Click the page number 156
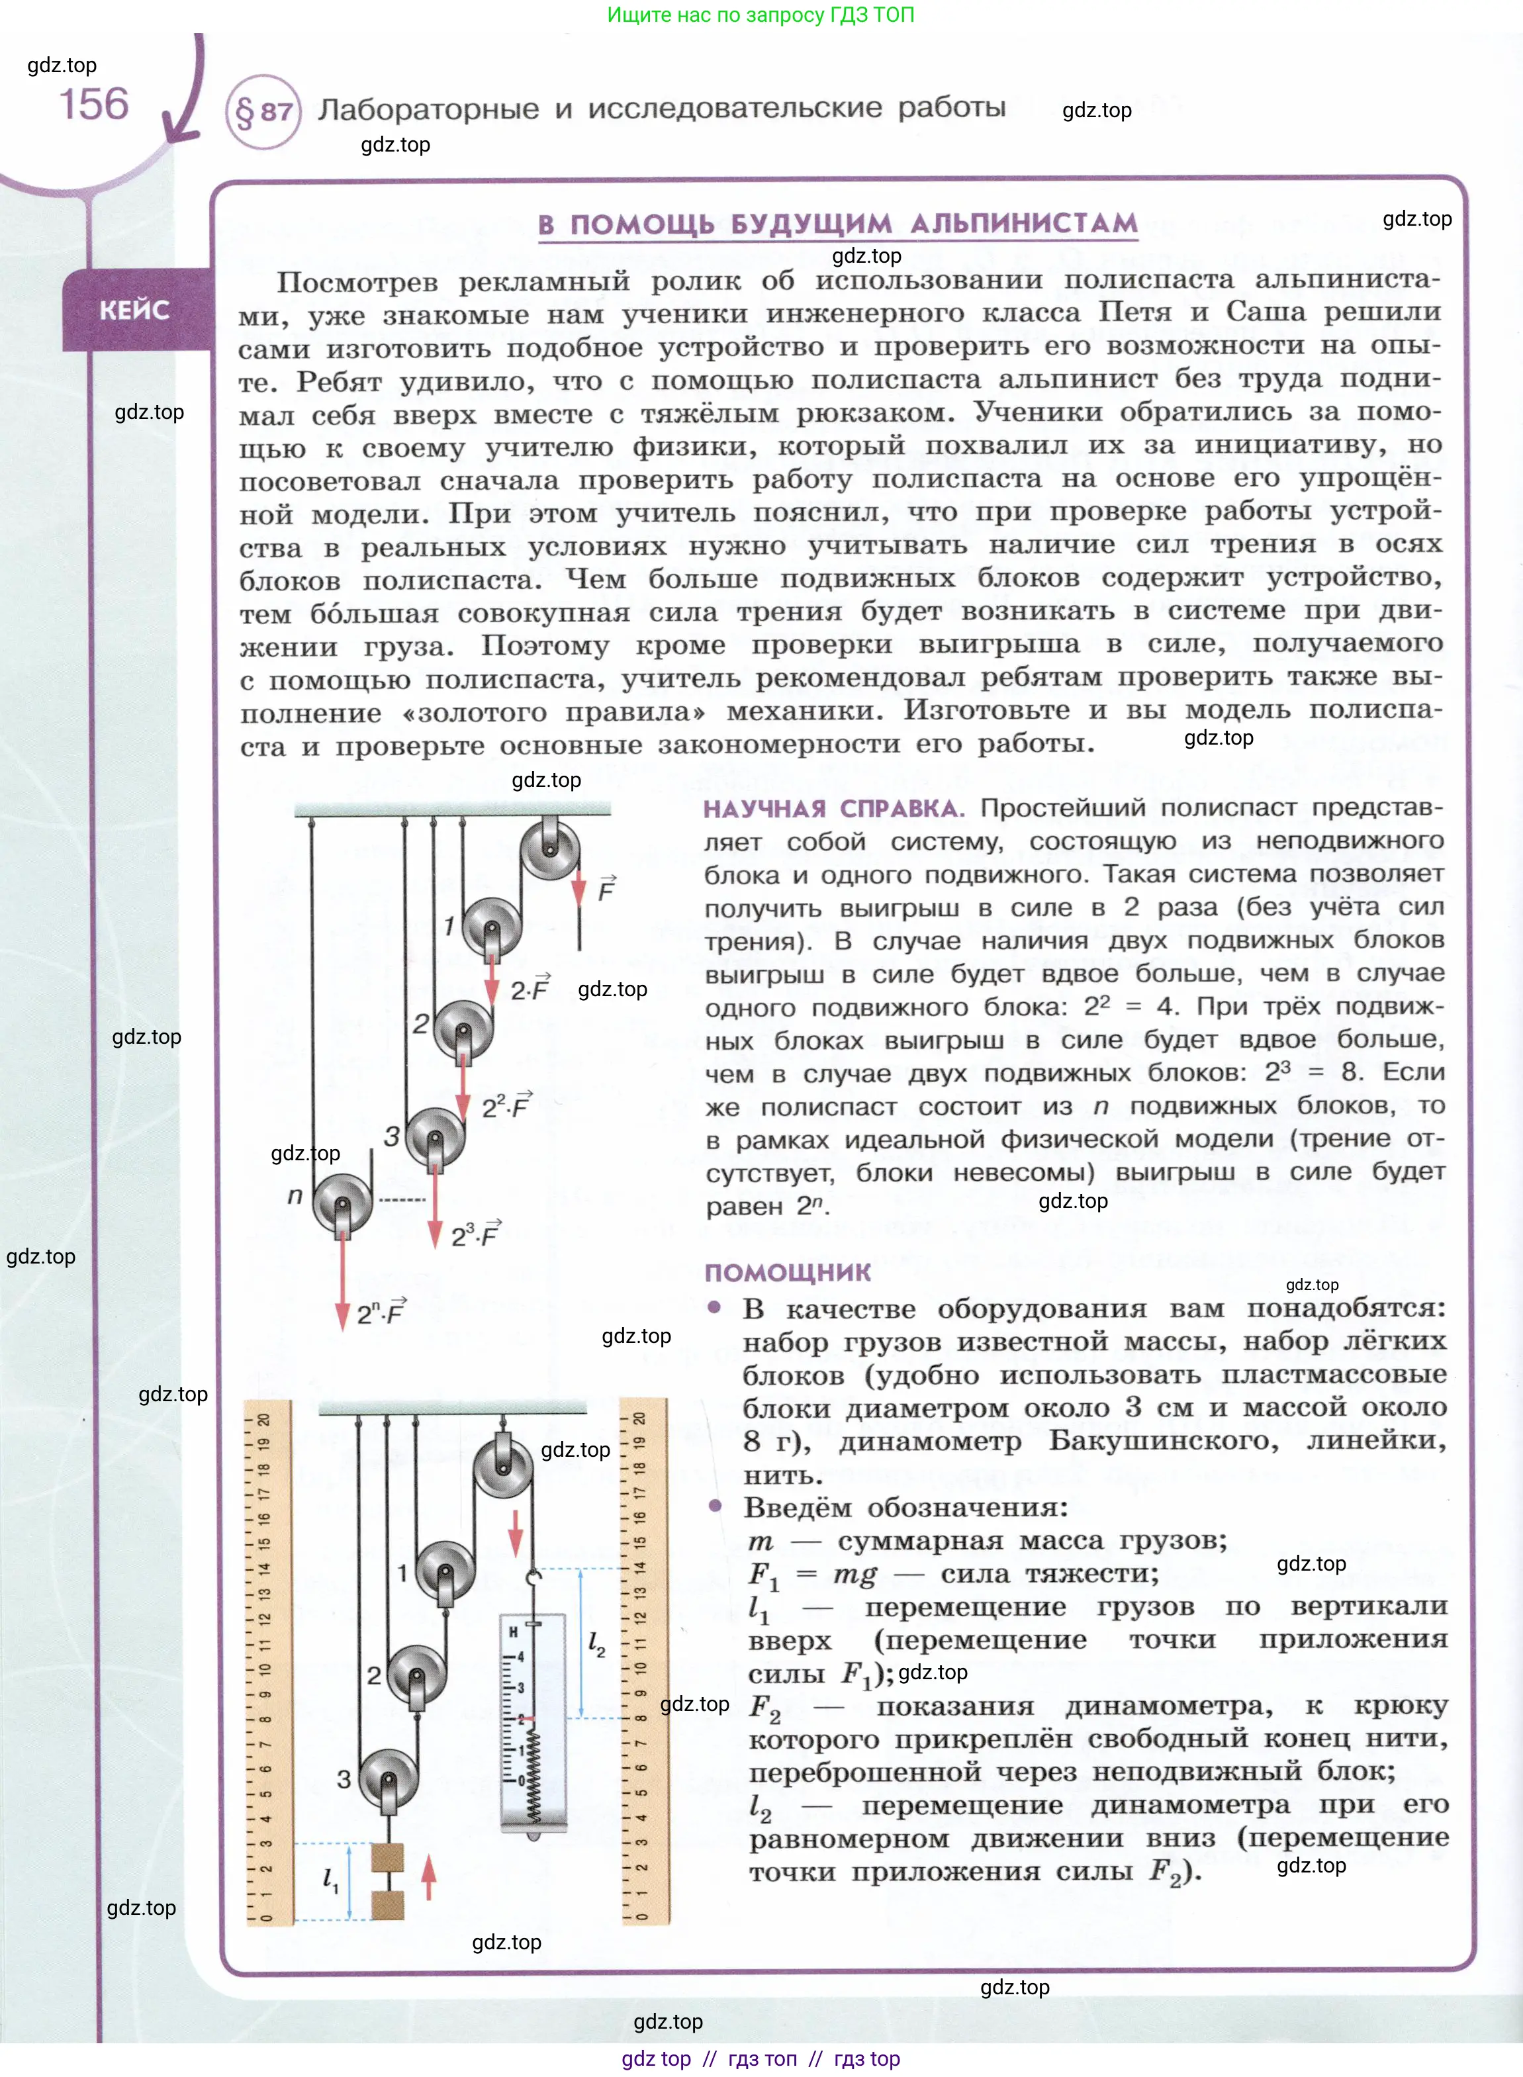[94, 104]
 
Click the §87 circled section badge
[263, 112]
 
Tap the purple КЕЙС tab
[134, 310]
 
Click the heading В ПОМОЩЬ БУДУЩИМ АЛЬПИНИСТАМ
[837, 224]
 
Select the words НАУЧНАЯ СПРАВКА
[833, 808]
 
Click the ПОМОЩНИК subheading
[788, 1272]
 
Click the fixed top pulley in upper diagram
[551, 849]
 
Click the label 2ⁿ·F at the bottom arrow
[381, 1312]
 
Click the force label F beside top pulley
[606, 890]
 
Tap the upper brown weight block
[387, 1856]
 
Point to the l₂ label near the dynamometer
[596, 1643]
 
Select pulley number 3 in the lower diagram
[388, 1779]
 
